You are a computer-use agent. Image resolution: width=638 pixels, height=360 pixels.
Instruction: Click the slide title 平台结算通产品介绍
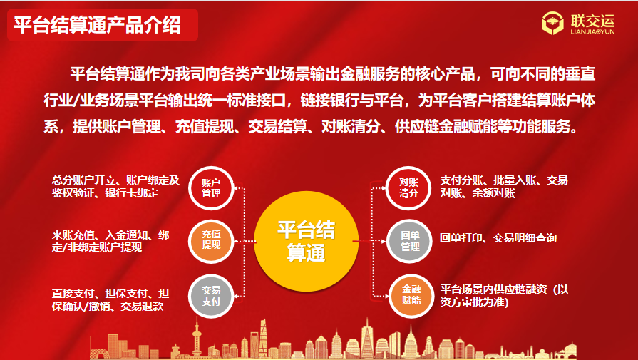(97, 25)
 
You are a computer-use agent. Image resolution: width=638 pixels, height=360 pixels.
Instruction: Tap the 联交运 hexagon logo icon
(552, 24)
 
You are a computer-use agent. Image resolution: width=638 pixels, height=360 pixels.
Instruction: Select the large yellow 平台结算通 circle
(306, 241)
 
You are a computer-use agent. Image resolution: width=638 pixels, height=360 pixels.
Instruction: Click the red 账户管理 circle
(211, 188)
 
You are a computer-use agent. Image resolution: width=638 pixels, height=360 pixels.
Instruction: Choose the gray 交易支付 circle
(211, 296)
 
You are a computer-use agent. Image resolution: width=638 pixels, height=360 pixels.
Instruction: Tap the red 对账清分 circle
(408, 188)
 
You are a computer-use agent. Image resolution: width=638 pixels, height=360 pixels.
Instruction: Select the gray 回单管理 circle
(409, 241)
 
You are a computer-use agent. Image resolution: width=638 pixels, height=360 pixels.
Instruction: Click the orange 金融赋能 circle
(411, 296)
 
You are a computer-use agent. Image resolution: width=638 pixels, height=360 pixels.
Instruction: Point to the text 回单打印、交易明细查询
(498, 238)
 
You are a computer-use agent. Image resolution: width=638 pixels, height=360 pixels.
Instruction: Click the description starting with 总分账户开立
(115, 187)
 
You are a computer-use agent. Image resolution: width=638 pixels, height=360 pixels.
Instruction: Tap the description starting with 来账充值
(110, 241)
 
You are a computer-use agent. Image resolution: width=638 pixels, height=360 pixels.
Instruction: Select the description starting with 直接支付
(110, 300)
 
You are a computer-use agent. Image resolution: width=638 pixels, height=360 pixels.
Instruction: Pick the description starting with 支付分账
(504, 187)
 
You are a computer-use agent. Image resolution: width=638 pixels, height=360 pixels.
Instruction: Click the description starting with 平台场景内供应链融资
(504, 296)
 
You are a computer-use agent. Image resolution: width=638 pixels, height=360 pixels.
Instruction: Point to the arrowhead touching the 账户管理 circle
(237, 188)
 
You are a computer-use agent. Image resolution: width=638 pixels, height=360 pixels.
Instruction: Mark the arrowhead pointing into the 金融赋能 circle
(386, 296)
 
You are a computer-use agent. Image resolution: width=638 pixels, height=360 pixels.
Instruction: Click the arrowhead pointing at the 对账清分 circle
(384, 188)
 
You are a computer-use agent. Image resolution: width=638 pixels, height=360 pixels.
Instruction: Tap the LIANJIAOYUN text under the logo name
(593, 31)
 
